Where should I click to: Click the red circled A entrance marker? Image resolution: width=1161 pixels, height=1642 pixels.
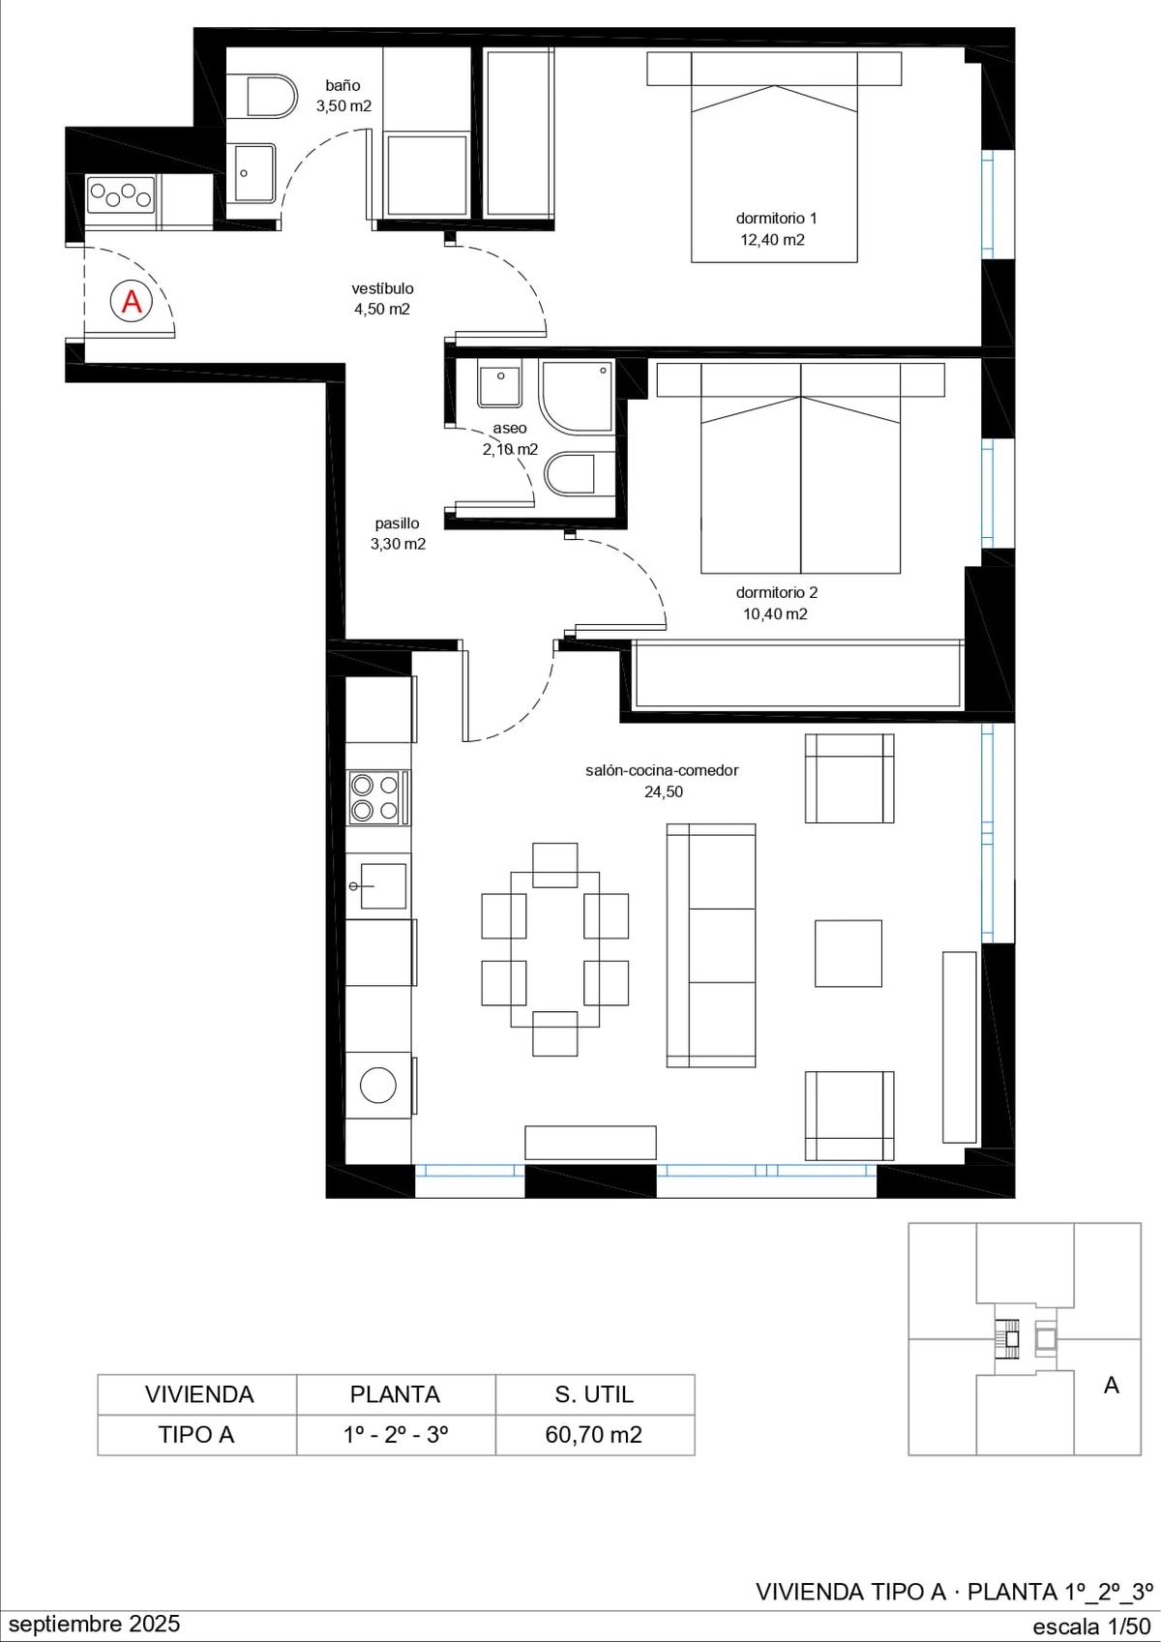click(132, 302)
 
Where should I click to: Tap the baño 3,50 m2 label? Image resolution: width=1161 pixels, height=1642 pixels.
click(343, 96)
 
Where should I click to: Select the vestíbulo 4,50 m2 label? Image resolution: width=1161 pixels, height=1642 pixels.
click(382, 298)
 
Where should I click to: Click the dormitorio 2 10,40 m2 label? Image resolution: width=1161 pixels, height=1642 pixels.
click(776, 603)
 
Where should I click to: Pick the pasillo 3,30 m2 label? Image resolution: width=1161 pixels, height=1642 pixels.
click(398, 534)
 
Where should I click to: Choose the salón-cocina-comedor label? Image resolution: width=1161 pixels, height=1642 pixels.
click(662, 770)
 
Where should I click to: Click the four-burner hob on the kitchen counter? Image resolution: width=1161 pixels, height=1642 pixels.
click(374, 797)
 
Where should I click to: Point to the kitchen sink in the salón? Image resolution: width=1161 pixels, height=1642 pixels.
click(378, 886)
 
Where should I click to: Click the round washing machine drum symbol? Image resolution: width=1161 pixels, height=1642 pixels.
click(378, 1084)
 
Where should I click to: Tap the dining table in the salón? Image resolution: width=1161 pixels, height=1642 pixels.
click(554, 949)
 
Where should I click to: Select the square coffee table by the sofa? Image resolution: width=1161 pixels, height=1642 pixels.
click(848, 953)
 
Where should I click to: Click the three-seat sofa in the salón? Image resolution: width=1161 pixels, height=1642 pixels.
click(710, 945)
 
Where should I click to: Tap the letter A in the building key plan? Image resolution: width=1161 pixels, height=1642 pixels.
click(1111, 1386)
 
